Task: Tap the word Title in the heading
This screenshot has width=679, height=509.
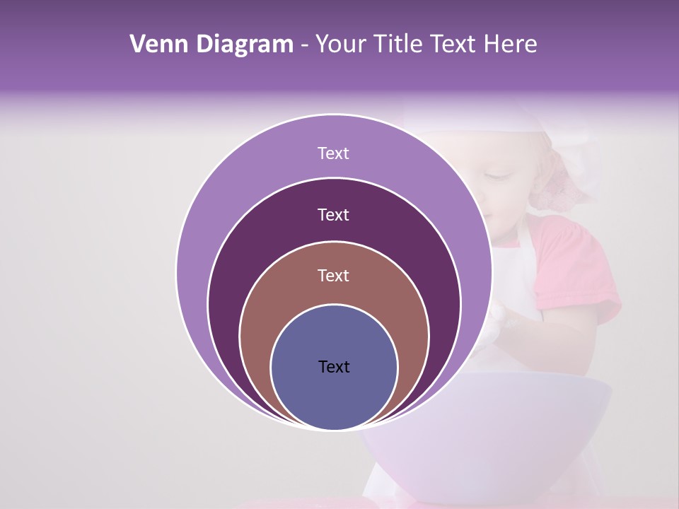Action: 400,45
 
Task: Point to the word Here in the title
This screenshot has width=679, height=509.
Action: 510,45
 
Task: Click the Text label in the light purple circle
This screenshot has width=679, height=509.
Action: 333,153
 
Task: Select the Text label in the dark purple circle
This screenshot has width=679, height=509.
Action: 333,215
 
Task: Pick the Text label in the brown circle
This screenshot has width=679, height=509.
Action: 333,276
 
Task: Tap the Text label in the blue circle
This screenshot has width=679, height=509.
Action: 333,367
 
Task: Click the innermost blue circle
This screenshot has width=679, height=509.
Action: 334,396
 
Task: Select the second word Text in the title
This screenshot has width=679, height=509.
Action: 453,45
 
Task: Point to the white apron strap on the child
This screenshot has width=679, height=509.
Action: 523,269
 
